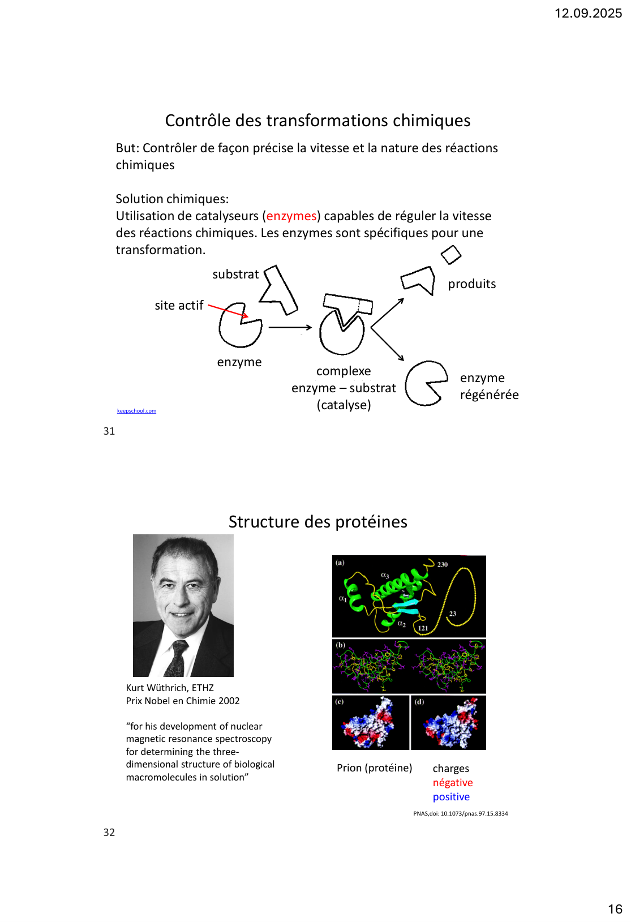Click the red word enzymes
291,216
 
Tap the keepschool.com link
136,411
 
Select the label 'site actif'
179,306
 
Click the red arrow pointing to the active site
227,311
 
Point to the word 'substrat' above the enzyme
235,275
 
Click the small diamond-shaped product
451,255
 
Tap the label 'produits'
471,284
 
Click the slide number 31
109,431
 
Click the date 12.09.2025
588,14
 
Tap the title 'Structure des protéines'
317,522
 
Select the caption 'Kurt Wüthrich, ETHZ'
170,688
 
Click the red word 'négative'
453,783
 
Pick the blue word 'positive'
451,797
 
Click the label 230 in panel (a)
443,564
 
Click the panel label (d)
419,702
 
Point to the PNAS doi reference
460,813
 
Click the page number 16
615,909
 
